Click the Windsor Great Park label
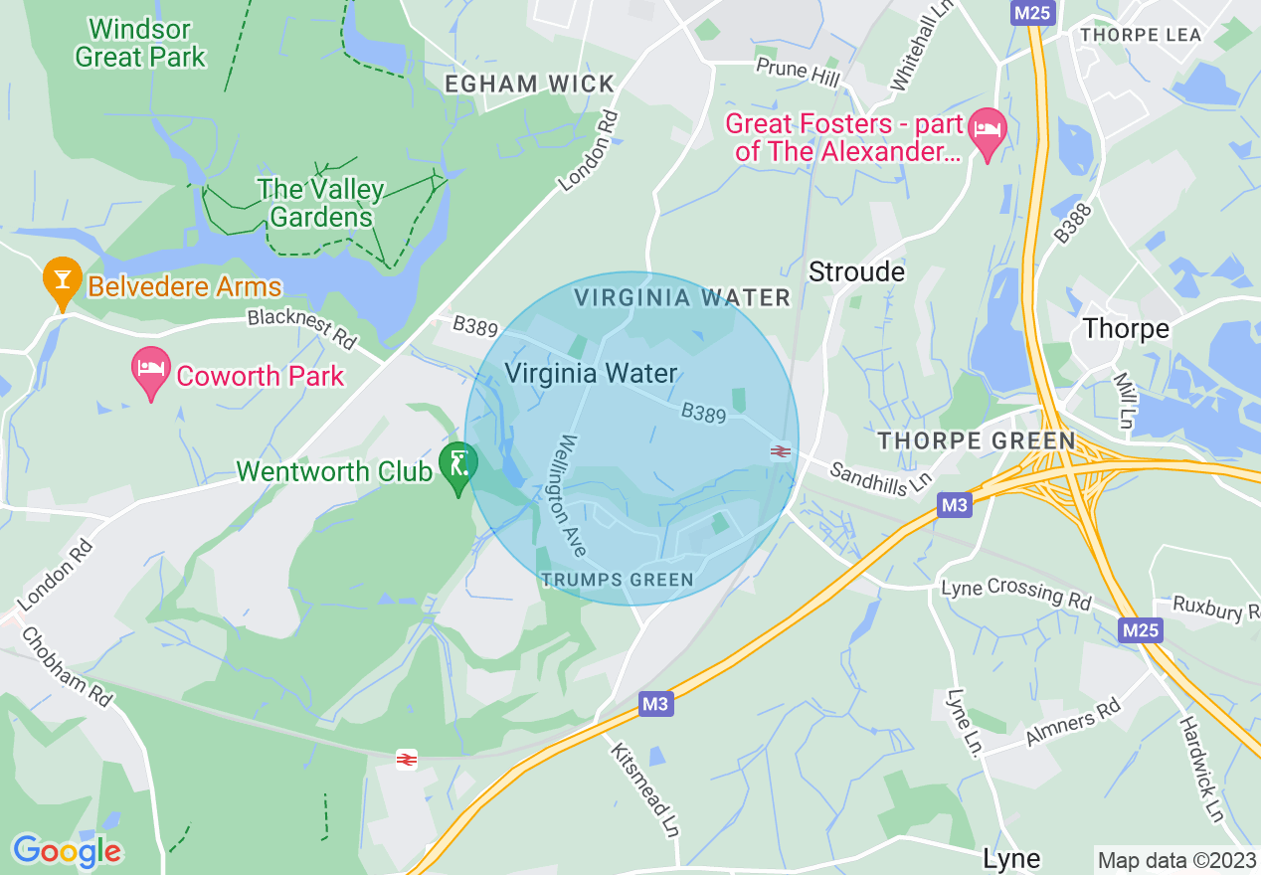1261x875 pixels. [140, 43]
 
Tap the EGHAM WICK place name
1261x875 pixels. [530, 85]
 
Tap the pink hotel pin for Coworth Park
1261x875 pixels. [150, 371]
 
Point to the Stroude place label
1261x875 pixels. [856, 271]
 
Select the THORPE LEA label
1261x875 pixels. [1141, 35]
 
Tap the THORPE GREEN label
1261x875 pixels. [976, 440]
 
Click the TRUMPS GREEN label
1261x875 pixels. [617, 580]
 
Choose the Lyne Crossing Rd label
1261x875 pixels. [1015, 593]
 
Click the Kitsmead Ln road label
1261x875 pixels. [644, 789]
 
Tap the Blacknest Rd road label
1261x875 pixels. [301, 328]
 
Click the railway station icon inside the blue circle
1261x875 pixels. [781, 451]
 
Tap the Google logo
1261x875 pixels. [67, 851]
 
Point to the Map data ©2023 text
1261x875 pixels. [1174, 859]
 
